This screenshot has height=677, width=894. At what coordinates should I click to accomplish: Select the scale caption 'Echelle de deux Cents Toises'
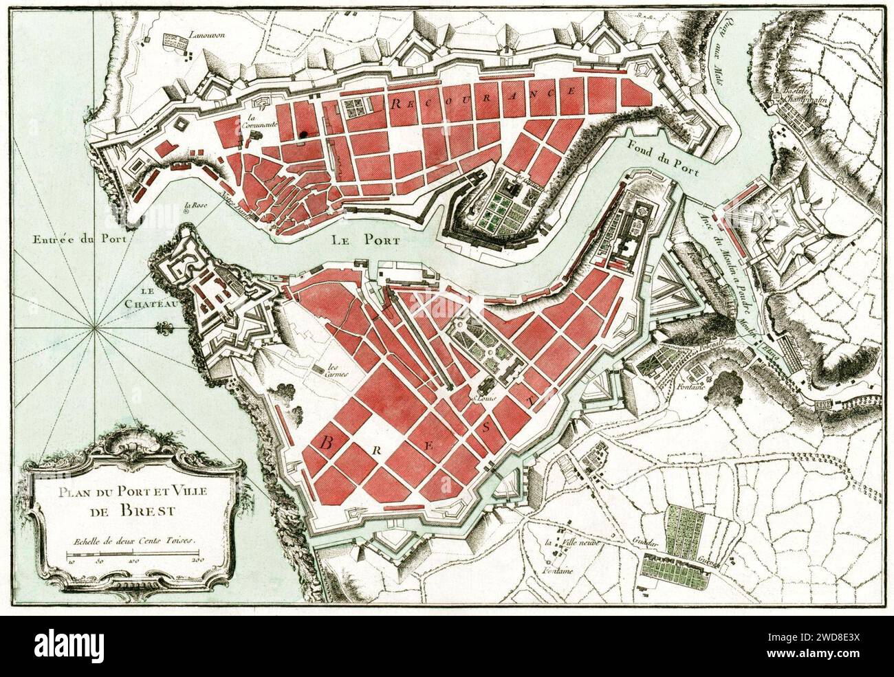(x=131, y=541)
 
